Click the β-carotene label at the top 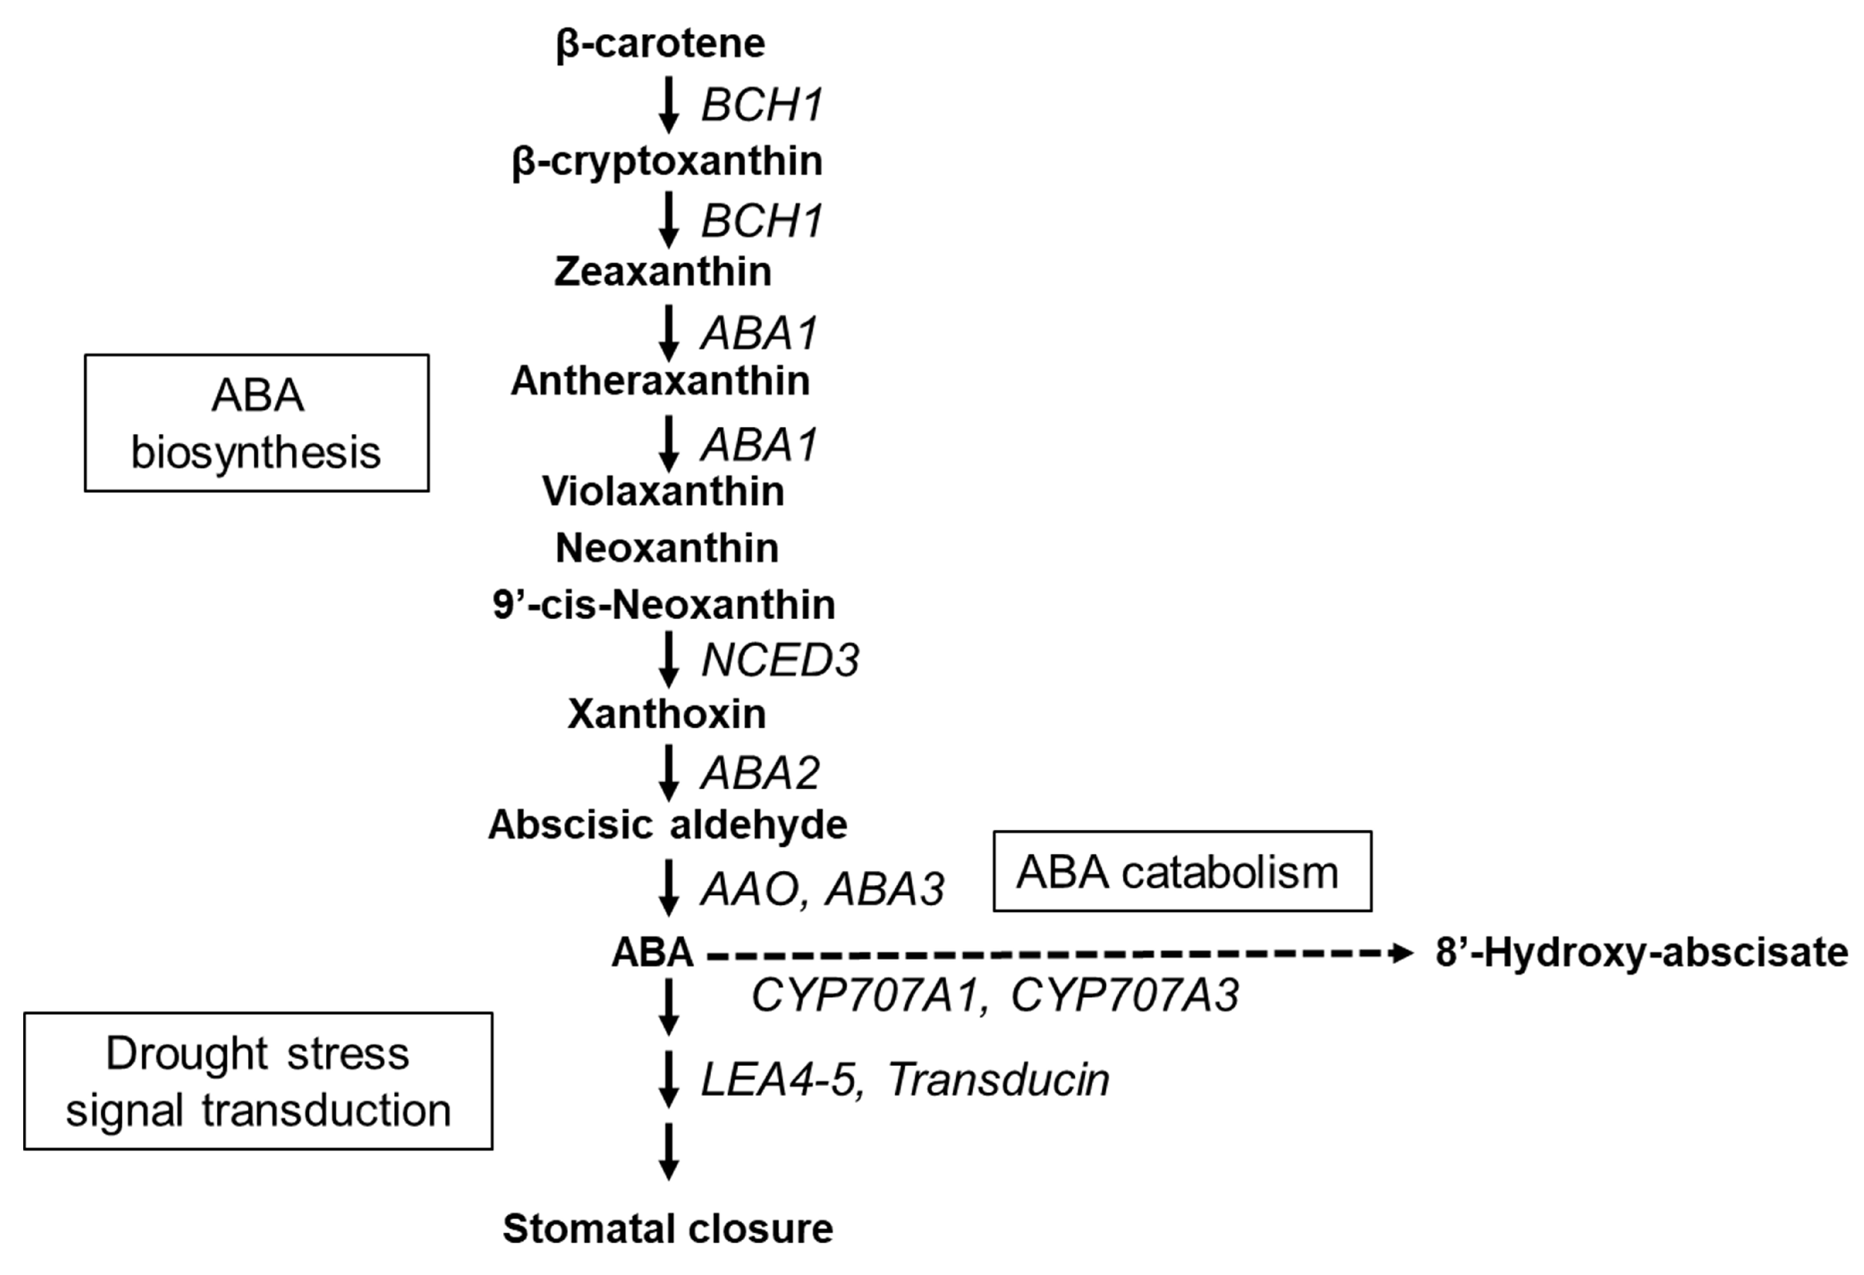(659, 43)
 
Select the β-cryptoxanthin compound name (666, 161)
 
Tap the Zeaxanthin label (663, 272)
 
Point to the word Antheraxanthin (660, 381)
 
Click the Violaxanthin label (663, 491)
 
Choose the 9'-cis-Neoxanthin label (663, 605)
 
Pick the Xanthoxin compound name (666, 713)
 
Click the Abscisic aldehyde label (668, 824)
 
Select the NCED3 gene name (779, 661)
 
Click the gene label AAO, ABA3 (822, 889)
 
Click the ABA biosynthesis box (257, 423)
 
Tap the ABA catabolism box (1181, 872)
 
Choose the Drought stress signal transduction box (258, 1081)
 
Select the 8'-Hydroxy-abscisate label (1641, 953)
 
